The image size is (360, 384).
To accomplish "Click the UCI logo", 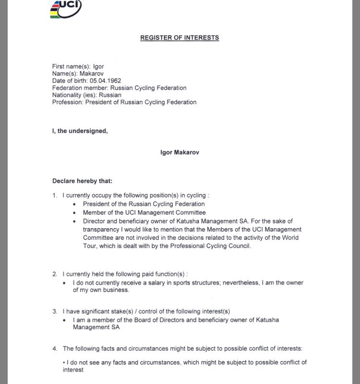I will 66,9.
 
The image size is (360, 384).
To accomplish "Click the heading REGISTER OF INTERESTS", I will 180,37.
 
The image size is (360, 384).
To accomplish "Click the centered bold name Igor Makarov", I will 180,152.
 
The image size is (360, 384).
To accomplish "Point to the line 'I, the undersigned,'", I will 80,131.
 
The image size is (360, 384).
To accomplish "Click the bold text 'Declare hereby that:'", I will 82,181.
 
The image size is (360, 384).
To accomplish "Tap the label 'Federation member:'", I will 80,88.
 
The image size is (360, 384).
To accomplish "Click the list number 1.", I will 55,196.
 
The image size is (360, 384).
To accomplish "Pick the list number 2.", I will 55,274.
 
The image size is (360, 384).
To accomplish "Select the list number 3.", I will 55,311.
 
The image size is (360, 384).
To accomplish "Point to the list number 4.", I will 55,348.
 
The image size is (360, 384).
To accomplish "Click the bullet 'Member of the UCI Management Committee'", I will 144,212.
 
